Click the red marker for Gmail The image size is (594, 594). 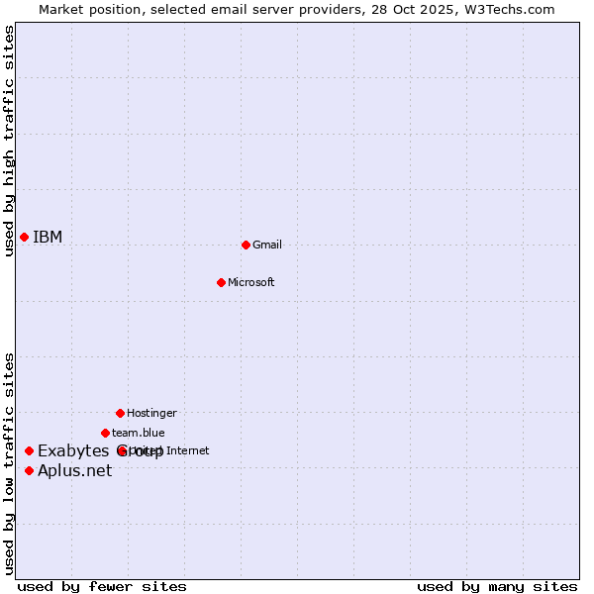point(246,245)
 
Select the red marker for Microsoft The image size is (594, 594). point(222,282)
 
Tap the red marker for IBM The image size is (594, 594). point(24,237)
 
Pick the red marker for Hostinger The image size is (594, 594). point(120,413)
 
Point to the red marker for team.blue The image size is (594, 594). point(105,433)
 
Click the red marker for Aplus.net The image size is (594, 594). point(29,470)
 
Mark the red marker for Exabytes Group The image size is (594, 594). point(29,450)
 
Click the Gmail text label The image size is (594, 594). point(267,245)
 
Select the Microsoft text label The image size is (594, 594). point(251,282)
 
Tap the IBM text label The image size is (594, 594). point(48,237)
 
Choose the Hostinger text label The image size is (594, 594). point(151,413)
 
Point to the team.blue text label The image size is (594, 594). point(139,433)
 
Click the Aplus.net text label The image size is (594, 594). point(75,470)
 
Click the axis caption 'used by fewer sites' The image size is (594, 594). point(102,586)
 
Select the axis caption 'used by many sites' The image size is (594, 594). point(497,586)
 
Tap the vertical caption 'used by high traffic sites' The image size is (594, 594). point(9,141)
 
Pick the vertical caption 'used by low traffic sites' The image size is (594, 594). point(9,463)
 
